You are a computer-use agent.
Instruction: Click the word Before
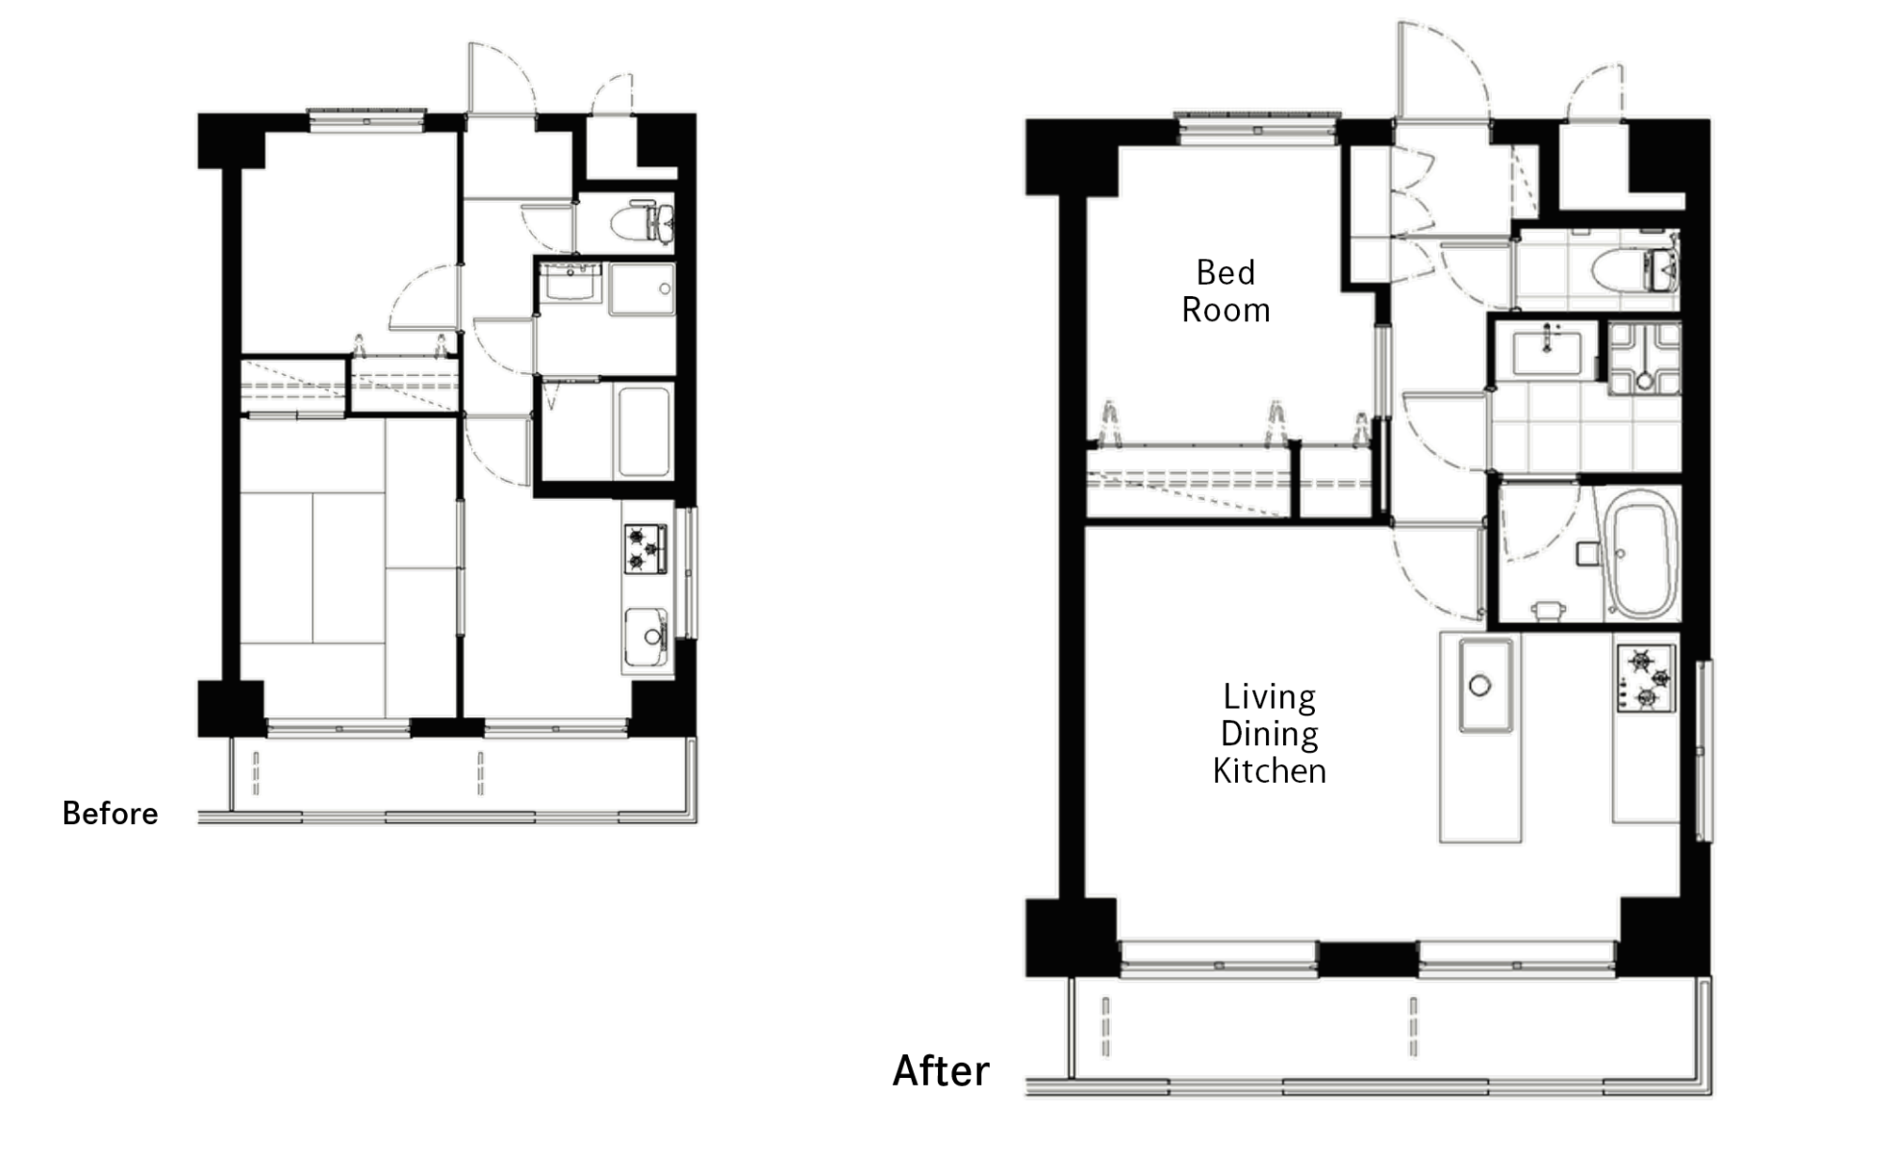click(110, 814)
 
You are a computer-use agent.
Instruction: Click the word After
click(941, 1071)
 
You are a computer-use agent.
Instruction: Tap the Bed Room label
click(1225, 291)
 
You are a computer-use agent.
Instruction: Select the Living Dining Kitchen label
click(1269, 734)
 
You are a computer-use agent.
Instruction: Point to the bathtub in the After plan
click(1644, 556)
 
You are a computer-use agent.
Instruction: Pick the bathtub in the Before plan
click(643, 432)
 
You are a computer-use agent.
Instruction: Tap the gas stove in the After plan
click(1646, 678)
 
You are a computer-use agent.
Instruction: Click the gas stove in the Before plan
click(645, 549)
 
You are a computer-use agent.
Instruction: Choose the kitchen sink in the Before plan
click(645, 638)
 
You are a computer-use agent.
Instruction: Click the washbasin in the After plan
click(1546, 352)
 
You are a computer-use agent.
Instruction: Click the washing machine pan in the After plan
click(1644, 359)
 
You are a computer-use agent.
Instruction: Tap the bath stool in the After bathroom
click(1548, 611)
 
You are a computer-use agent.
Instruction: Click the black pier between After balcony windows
click(1367, 959)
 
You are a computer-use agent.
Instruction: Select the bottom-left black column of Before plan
click(231, 709)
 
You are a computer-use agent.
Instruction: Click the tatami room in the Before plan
click(348, 567)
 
